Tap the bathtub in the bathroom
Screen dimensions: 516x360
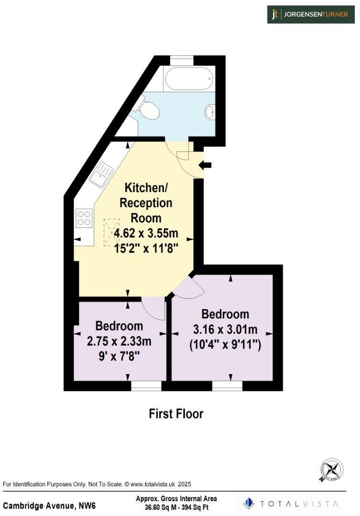(188, 78)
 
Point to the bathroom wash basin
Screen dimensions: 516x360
(209, 112)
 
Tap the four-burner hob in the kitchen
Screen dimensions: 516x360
(84, 218)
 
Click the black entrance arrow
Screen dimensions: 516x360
(206, 165)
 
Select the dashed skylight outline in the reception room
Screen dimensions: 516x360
(111, 232)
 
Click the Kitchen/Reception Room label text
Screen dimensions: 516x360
(145, 202)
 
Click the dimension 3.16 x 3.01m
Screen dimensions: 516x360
(225, 329)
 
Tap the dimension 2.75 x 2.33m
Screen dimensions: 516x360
(120, 341)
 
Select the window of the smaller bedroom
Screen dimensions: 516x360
(142, 385)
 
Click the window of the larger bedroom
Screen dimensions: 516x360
(228, 385)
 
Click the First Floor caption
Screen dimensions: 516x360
(176, 414)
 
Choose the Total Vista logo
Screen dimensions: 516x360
(291, 504)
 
